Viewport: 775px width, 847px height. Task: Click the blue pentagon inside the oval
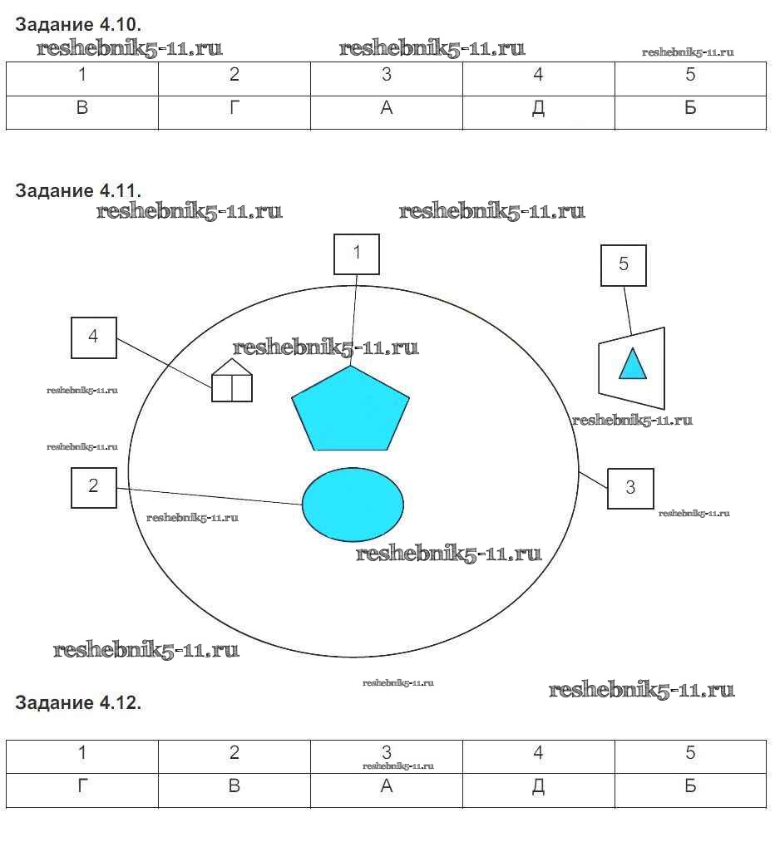click(x=350, y=412)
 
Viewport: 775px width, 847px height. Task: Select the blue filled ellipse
click(x=353, y=503)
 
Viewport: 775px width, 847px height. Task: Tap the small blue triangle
click(x=633, y=364)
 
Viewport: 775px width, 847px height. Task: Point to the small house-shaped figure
click(x=231, y=382)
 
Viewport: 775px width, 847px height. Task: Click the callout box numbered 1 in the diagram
click(x=357, y=254)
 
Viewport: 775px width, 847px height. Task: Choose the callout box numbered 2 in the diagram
click(x=93, y=487)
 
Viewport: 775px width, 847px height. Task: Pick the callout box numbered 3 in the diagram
click(x=630, y=488)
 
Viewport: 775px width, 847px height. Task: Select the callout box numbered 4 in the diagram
click(x=93, y=337)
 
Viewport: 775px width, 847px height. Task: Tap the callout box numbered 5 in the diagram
click(x=624, y=265)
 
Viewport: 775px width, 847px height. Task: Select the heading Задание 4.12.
click(x=78, y=703)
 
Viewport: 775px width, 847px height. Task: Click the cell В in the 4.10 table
click(x=82, y=109)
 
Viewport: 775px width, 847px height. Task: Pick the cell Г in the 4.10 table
click(x=234, y=109)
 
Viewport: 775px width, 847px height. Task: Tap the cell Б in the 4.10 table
click(x=690, y=109)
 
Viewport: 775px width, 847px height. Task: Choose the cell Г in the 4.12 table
click(x=82, y=786)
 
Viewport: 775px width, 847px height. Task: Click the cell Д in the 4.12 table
click(x=539, y=786)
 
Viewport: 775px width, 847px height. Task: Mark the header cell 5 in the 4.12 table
click(x=690, y=753)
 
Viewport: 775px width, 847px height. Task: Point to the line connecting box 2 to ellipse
click(x=208, y=496)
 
